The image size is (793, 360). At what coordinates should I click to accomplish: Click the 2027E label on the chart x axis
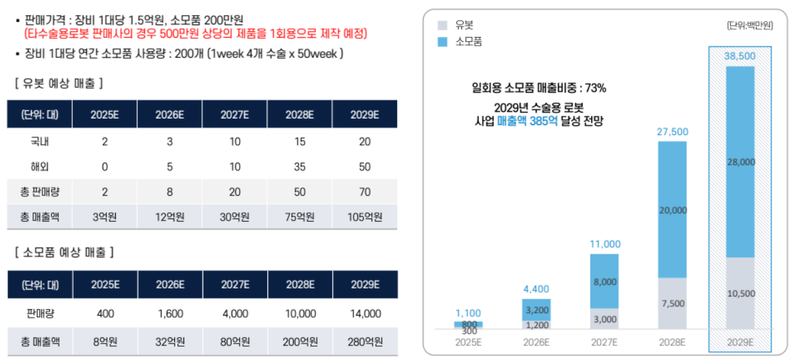coord(604,342)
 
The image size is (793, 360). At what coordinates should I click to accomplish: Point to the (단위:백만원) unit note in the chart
coord(749,25)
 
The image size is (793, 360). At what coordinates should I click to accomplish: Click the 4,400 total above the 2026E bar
coord(536,289)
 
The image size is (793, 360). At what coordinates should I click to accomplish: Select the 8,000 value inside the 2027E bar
coord(604,281)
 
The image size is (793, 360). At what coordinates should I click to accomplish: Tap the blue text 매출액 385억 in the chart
coord(526,121)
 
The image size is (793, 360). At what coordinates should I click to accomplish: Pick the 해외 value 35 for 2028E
coord(300,166)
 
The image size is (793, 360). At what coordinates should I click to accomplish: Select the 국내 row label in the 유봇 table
coord(40,141)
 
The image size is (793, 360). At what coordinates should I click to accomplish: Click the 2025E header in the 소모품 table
coord(105,285)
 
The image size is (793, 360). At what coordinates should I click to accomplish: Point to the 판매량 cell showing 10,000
coord(300,314)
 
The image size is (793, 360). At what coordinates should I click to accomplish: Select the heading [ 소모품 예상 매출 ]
coord(63,252)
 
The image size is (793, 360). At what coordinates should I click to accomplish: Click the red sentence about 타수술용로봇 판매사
coord(195,34)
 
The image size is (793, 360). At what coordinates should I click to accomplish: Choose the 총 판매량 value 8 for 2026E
coord(169,191)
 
